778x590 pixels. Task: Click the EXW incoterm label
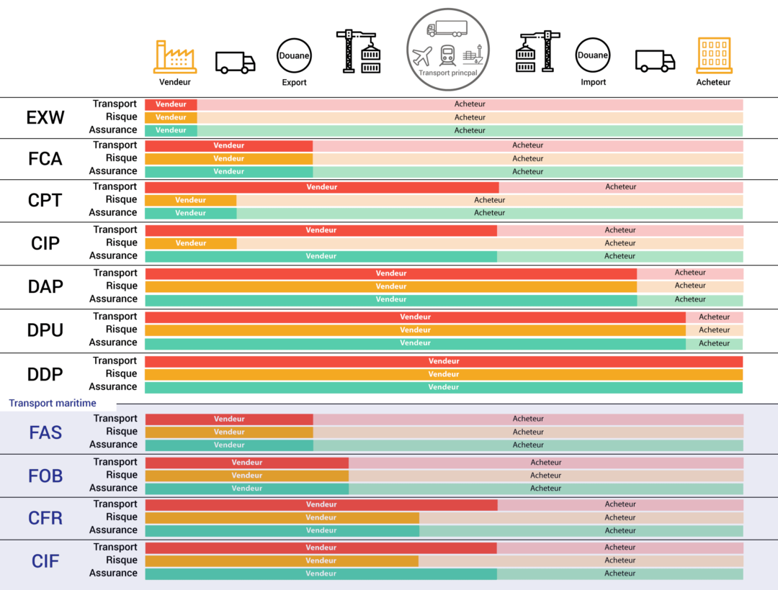(x=45, y=117)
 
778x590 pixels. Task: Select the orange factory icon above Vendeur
(x=175, y=56)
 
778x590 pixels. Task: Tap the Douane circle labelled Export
(x=294, y=55)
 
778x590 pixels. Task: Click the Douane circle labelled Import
(x=593, y=55)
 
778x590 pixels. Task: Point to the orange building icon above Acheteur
(x=714, y=56)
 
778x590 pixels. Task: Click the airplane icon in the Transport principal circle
(x=423, y=55)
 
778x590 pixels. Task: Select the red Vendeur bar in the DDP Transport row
(x=444, y=361)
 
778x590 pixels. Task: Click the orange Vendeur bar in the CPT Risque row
(x=191, y=200)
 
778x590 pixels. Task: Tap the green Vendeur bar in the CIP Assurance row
(x=321, y=256)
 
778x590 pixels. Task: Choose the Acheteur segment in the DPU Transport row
(x=714, y=317)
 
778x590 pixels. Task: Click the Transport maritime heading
(x=53, y=404)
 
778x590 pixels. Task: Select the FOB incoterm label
(x=45, y=476)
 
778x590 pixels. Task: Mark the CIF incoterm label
(x=45, y=560)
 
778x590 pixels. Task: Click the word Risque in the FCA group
(x=121, y=158)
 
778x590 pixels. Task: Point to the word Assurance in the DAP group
(x=113, y=299)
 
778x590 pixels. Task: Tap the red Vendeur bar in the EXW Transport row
(x=171, y=104)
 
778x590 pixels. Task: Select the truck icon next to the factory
(x=235, y=63)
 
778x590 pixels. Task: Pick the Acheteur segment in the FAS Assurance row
(x=528, y=445)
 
